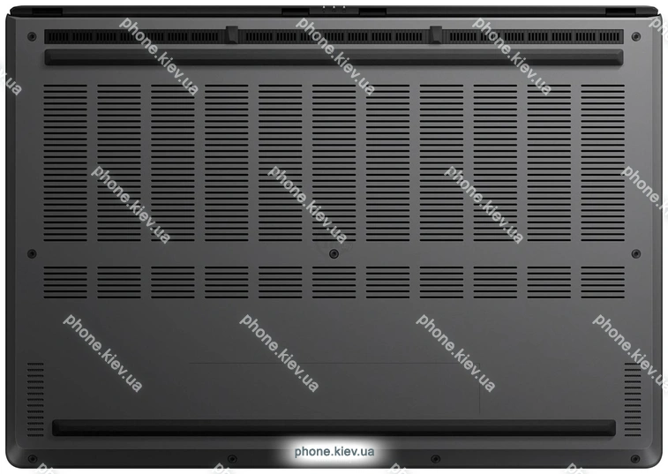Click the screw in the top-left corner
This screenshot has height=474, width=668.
tap(32, 37)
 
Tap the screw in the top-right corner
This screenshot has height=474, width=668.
tap(635, 37)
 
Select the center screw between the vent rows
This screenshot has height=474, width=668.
tap(334, 254)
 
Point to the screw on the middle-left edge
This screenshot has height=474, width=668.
tap(32, 254)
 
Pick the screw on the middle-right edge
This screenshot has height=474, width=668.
tap(635, 254)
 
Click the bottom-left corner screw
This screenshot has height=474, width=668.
tap(32, 459)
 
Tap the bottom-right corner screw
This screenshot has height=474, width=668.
tap(635, 459)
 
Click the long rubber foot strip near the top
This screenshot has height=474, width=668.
tap(334, 57)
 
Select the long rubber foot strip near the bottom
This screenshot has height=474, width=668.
tap(334, 428)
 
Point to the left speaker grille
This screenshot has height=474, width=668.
tap(35, 399)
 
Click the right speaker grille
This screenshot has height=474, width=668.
tap(633, 399)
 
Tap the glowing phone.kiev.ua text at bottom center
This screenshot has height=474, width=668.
tap(334, 451)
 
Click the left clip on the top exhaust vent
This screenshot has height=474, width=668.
tap(232, 34)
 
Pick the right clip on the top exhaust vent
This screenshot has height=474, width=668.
tap(436, 34)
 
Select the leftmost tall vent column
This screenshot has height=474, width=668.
tap(65, 162)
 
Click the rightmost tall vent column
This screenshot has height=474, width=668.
tap(603, 162)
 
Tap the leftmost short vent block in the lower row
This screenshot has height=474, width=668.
tap(65, 282)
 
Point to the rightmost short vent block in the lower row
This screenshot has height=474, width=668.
tap(603, 282)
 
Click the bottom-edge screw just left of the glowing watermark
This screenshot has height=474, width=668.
tap(232, 459)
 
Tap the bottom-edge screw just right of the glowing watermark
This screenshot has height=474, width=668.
tap(435, 459)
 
